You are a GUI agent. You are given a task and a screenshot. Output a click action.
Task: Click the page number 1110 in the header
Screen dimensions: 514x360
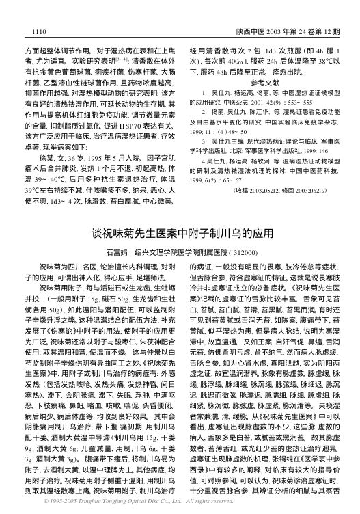pos(32,31)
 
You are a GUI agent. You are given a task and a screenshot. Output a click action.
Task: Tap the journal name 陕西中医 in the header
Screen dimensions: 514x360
pos(249,31)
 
